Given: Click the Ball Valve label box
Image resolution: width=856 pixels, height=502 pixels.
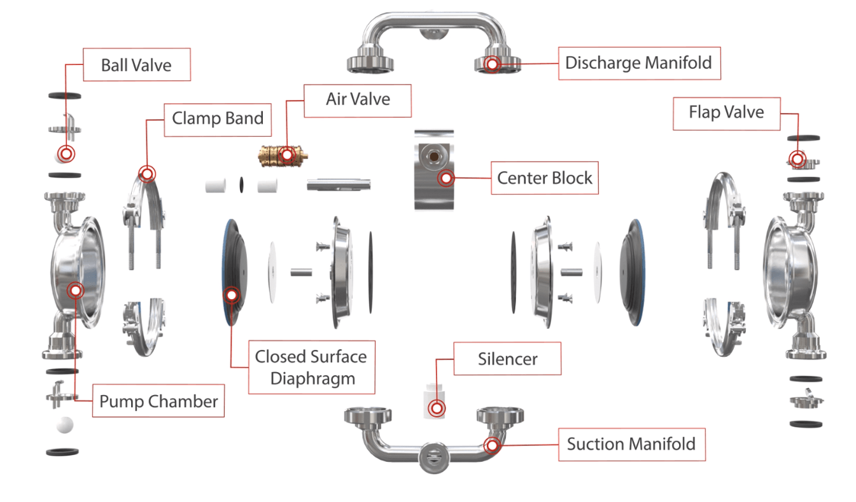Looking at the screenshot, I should (136, 65).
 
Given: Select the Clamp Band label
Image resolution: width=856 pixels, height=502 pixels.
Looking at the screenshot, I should (218, 118).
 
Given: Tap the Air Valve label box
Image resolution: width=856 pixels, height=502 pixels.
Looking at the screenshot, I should (358, 100).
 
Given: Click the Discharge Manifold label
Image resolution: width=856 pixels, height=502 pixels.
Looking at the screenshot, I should (639, 63).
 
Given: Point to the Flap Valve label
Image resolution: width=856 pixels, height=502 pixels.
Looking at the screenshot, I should (726, 113).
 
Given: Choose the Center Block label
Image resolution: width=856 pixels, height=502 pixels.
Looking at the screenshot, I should (545, 178).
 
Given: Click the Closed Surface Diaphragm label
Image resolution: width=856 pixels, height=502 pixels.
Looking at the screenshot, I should (311, 367).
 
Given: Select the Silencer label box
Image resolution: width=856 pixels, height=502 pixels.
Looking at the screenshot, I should (507, 358).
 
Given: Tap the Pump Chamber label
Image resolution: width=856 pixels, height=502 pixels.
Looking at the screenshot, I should (158, 401).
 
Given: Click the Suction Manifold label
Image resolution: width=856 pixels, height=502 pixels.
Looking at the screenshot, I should (631, 444).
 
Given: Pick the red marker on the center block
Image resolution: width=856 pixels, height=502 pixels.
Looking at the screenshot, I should (446, 178).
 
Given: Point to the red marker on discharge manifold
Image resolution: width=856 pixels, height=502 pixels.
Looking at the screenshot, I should (491, 64).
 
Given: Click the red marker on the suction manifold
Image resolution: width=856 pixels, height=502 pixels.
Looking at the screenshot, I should (491, 445).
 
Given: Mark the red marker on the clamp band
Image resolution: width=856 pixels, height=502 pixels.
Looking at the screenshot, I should (147, 173).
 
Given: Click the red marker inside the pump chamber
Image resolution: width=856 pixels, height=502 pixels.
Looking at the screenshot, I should (76, 290).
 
